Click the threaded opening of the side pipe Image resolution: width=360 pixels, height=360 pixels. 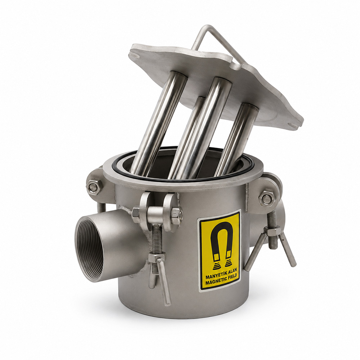click(89, 249)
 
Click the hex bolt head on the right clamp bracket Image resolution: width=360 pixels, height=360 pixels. click(266, 199)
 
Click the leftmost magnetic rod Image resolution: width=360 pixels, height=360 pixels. click(158, 124)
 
